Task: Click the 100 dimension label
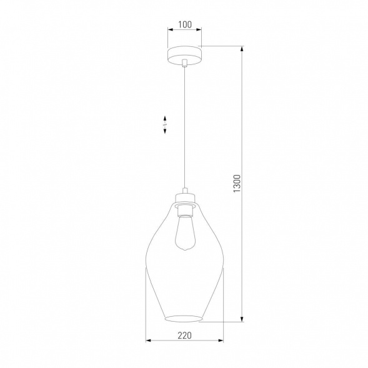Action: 184,26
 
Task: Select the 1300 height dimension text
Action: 236,184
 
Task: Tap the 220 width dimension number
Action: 184,334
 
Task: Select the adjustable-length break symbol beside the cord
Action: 164,124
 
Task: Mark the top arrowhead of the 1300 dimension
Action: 242,48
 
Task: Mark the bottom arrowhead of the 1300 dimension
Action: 242,319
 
